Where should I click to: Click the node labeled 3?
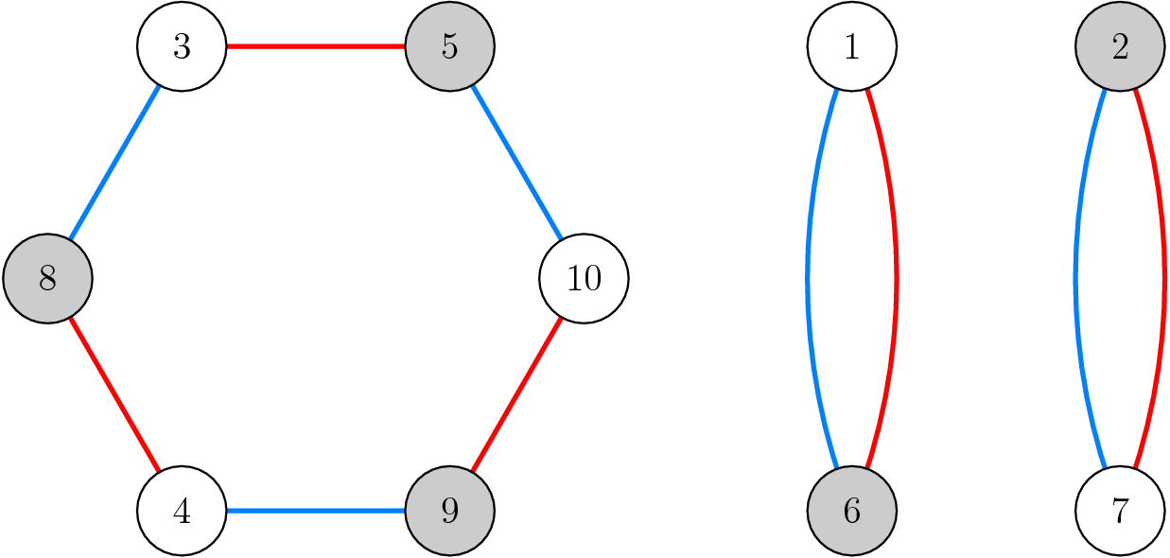click(182, 46)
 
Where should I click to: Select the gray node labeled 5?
click(449, 46)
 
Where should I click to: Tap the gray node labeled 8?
click(47, 279)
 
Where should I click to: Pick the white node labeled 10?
click(584, 279)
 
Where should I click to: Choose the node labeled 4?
click(182, 512)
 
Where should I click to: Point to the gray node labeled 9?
click(449, 512)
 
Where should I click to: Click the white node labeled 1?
click(851, 46)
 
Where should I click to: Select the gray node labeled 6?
click(851, 512)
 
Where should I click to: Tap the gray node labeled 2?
click(1120, 46)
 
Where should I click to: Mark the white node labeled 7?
click(1120, 512)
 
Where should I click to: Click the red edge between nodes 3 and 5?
click(315, 46)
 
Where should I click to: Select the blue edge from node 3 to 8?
click(114, 163)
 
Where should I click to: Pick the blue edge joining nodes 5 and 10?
click(516, 163)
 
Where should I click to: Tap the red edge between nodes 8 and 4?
click(114, 395)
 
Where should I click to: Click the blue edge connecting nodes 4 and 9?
click(315, 512)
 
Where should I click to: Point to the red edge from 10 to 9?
click(516, 395)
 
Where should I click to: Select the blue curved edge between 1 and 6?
click(808, 279)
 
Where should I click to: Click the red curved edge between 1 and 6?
click(895, 279)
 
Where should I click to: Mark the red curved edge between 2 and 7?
click(1163, 279)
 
